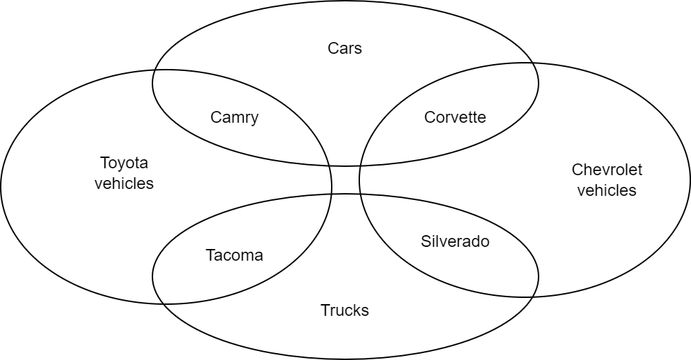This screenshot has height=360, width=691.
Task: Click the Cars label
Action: click(x=345, y=48)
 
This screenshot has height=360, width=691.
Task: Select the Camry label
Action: click(x=234, y=117)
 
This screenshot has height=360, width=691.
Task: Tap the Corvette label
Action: click(x=455, y=117)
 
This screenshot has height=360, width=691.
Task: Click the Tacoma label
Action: click(x=234, y=255)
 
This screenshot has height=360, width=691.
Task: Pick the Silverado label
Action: click(x=455, y=241)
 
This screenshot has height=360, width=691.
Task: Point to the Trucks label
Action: click(x=345, y=310)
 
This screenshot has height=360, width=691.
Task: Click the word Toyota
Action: click(x=124, y=163)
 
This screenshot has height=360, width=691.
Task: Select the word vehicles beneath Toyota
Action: click(x=124, y=184)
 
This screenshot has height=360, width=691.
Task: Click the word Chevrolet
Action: click(x=607, y=170)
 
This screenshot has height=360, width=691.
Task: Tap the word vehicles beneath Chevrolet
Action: click(x=607, y=190)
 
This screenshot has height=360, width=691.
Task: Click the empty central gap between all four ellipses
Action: click(x=345, y=180)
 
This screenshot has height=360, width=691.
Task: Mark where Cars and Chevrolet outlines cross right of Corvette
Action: click(x=535, y=64)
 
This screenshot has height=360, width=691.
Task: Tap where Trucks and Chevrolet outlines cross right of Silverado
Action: click(x=534, y=296)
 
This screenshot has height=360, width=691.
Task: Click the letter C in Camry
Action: click(x=215, y=117)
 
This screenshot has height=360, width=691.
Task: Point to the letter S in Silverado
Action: click(x=425, y=241)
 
